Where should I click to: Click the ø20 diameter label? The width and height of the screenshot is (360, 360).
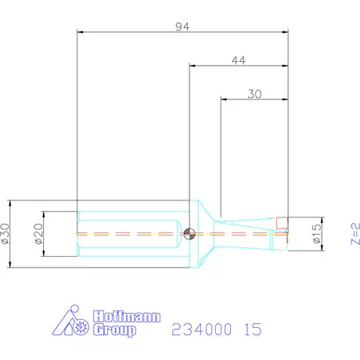38,233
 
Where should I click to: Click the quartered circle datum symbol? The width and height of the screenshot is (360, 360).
189,232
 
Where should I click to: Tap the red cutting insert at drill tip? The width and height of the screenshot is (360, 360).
282,223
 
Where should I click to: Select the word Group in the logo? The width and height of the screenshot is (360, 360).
114,329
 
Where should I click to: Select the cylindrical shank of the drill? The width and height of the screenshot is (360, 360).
133,232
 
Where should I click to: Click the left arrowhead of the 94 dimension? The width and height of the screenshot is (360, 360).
81,33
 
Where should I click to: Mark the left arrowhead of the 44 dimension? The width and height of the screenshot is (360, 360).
193,67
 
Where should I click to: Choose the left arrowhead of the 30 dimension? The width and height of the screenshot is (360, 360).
225,99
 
